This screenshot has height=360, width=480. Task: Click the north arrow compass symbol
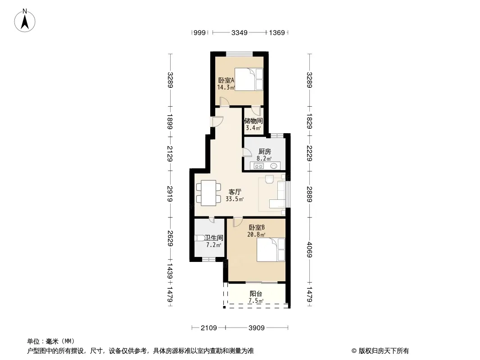25,20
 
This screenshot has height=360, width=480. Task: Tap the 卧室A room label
226,81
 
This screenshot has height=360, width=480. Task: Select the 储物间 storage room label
254,121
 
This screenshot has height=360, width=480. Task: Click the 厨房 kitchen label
264,151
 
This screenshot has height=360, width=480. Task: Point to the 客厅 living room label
235,192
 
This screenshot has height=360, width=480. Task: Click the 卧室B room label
257,228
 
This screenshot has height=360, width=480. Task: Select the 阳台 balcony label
256,294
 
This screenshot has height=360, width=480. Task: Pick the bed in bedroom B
271,250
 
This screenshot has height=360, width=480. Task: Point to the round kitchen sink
274,166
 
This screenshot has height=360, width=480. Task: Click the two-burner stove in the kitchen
258,166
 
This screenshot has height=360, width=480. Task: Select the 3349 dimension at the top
239,32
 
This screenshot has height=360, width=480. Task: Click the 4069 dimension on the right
309,250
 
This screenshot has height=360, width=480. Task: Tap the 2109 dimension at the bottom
209,328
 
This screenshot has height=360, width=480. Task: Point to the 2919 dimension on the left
170,194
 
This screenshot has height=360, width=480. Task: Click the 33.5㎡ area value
235,199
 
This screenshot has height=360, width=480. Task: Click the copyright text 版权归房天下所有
384,351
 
